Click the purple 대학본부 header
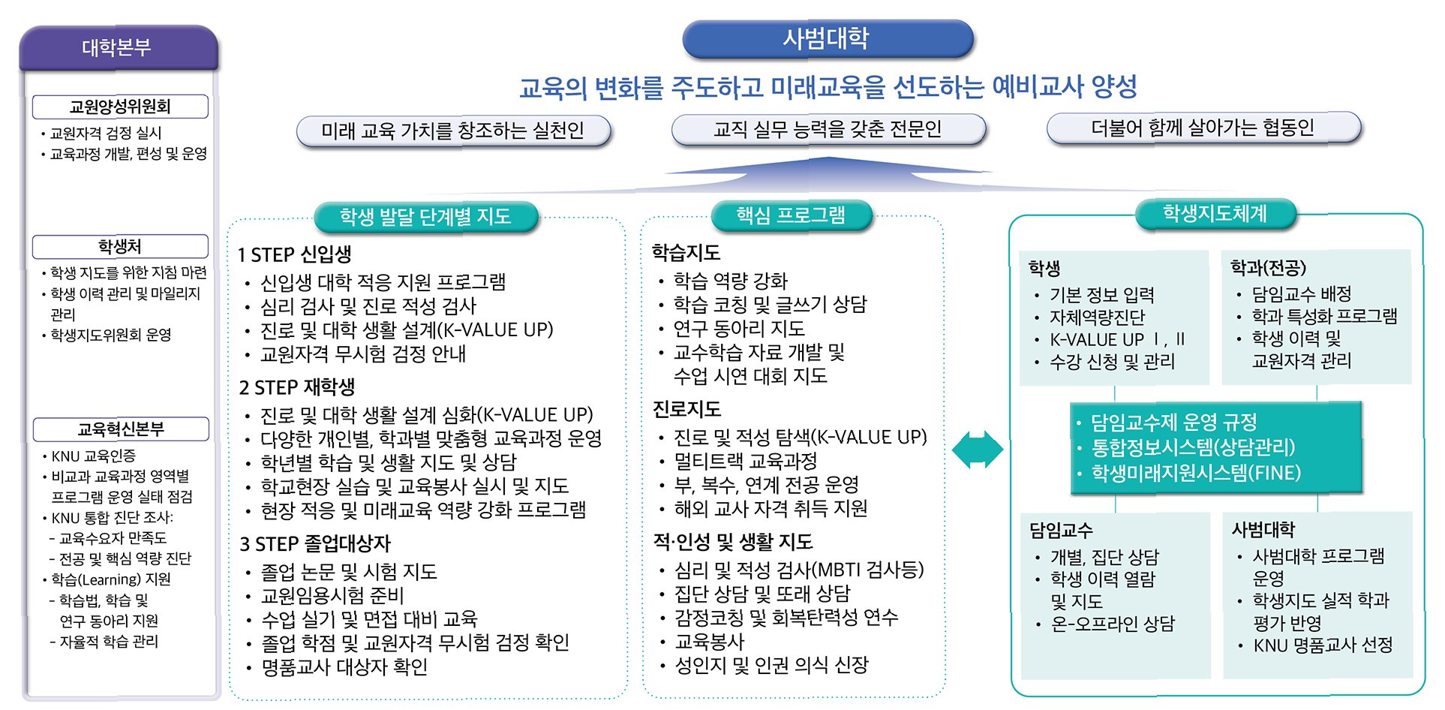tap(119, 48)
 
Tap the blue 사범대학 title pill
tap(827, 39)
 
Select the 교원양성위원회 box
tap(120, 107)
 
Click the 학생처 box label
tap(120, 246)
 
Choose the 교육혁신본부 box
tap(121, 429)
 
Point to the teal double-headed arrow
tap(977, 450)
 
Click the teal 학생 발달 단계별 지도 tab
tap(425, 217)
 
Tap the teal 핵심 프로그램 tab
tap(791, 215)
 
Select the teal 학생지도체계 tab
tap(1215, 214)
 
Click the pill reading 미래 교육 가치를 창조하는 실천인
tap(453, 131)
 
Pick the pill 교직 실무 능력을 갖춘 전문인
tap(828, 129)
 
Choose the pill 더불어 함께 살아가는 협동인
tap(1203, 128)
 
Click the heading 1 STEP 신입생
tap(295, 254)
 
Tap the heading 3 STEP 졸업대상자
tap(315, 543)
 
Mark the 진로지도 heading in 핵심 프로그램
tap(686, 409)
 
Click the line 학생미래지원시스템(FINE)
tap(1196, 473)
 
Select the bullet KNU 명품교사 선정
tap(1323, 645)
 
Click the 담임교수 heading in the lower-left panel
tap(1061, 531)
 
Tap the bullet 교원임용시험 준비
tap(332, 595)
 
